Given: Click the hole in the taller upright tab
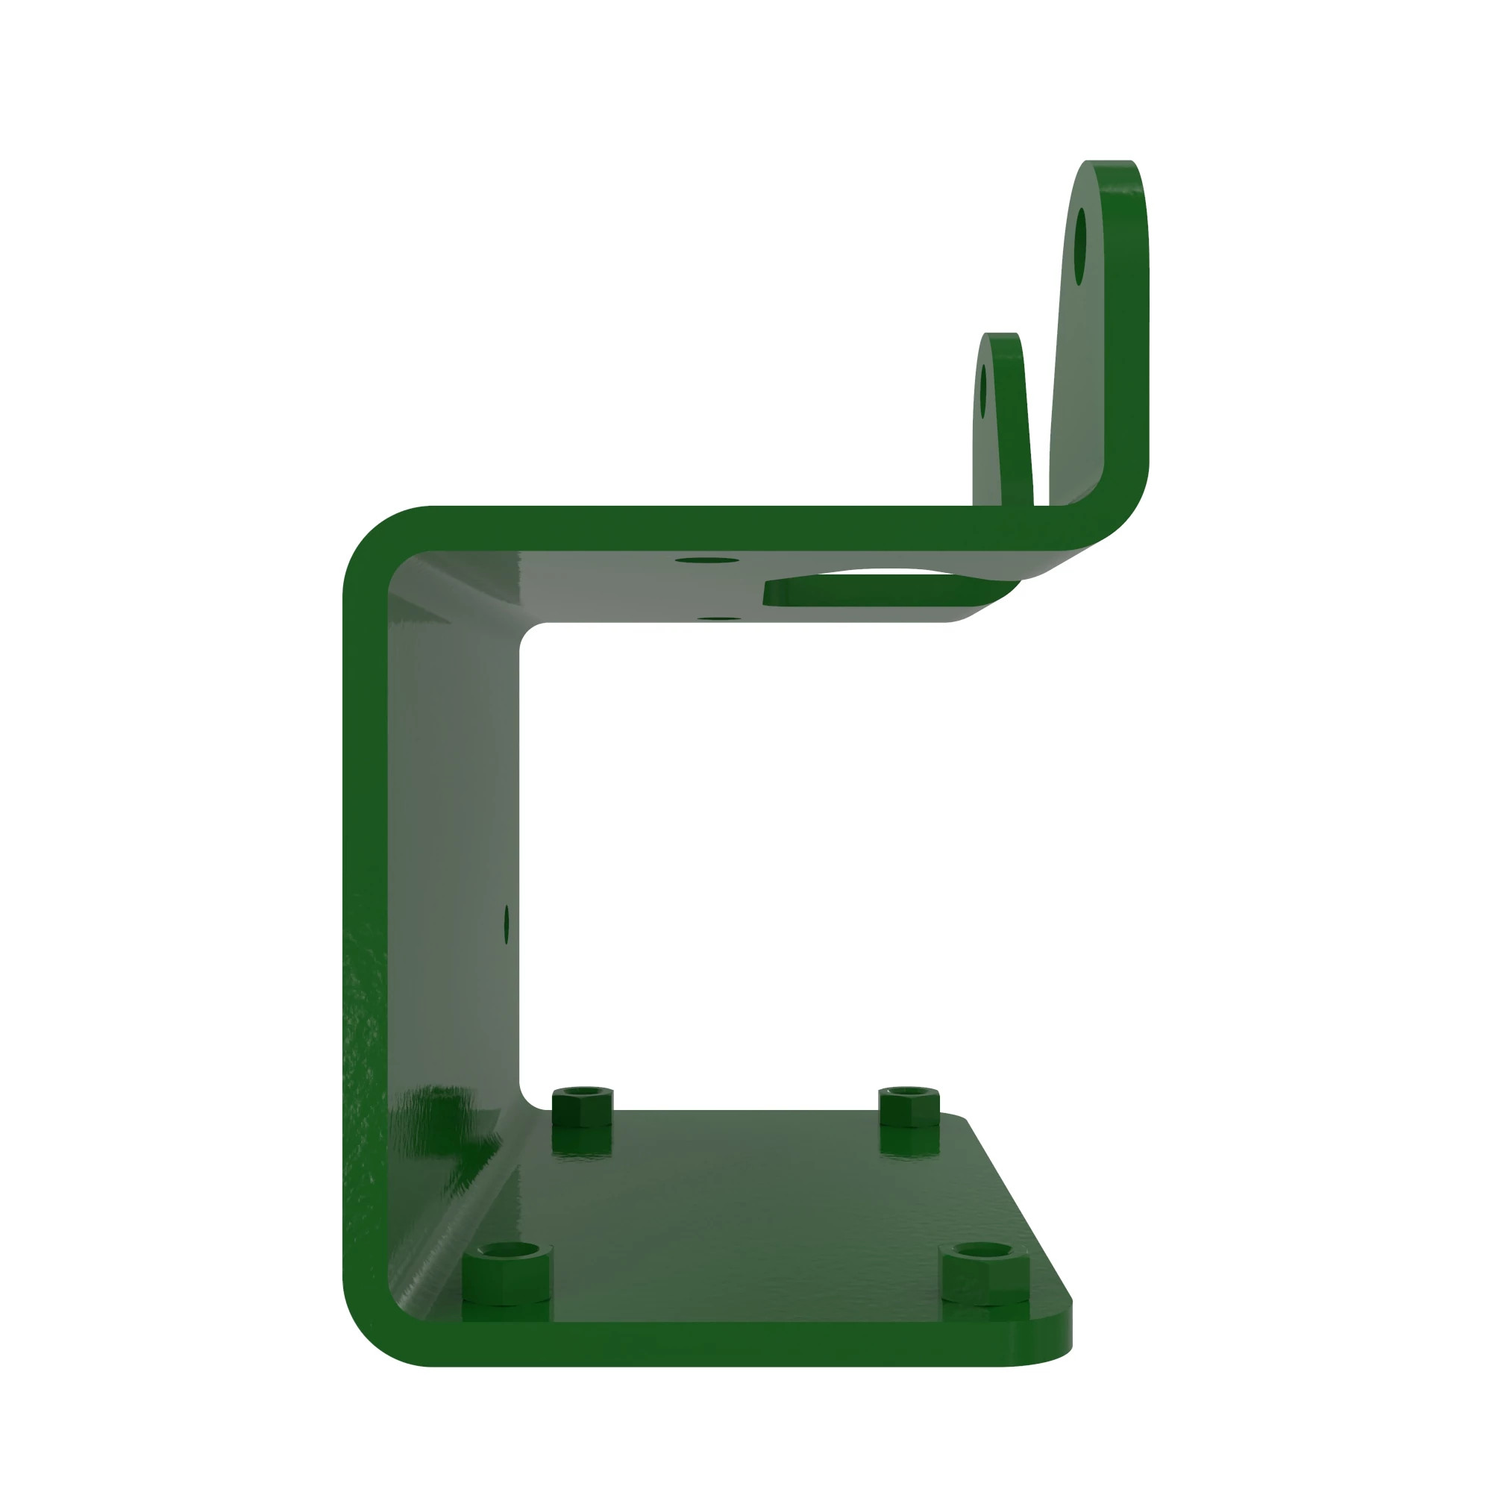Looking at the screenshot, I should (1080, 245).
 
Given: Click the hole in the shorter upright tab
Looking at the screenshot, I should (983, 392).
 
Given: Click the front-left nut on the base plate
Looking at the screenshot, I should (507, 1273).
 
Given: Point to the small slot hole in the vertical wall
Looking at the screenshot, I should (507, 924).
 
